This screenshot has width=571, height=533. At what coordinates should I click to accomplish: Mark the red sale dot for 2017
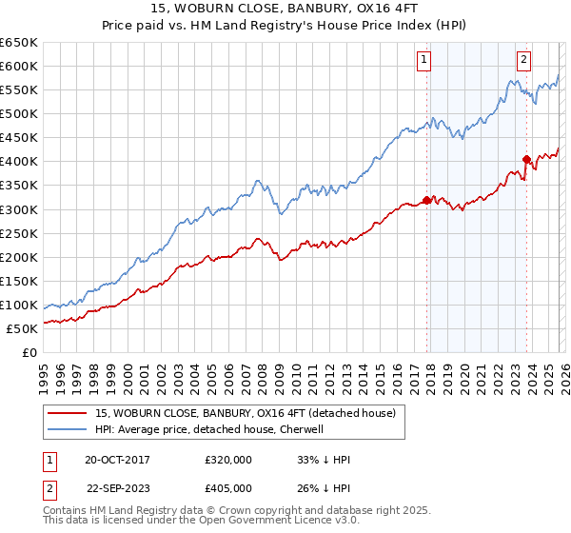pyautogui.click(x=425, y=199)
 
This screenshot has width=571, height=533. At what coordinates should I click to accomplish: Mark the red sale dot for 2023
pyautogui.click(x=525, y=159)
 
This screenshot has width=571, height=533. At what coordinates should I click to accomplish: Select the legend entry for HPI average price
pyautogui.click(x=209, y=429)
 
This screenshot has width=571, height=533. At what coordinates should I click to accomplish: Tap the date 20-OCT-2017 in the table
pyautogui.click(x=117, y=460)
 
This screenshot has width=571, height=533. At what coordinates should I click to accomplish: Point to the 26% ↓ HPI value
pyautogui.click(x=324, y=487)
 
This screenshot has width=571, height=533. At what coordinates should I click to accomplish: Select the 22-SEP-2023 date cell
pyautogui.click(x=117, y=487)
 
